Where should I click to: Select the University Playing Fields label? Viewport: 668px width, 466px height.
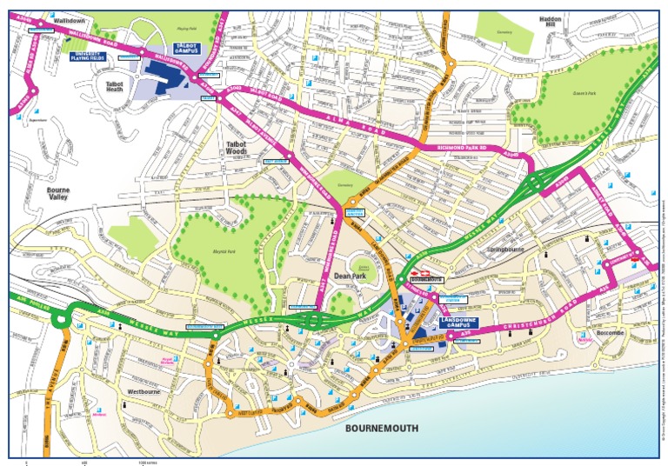pos(88,56)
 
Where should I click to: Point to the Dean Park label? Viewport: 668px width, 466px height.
pos(351,277)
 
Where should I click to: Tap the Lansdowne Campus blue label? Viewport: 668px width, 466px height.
pos(458,324)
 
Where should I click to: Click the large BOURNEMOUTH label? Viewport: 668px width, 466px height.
pos(381,428)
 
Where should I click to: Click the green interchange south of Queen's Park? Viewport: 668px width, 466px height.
pos(540,181)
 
